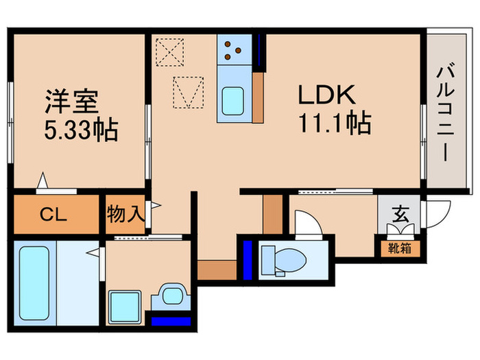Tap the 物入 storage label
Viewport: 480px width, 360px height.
pyautogui.click(x=125, y=215)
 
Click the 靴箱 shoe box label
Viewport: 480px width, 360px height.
pyautogui.click(x=398, y=248)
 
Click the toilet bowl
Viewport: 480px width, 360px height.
pyautogui.click(x=283, y=259)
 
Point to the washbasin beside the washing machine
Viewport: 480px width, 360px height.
pyautogui.click(x=169, y=297)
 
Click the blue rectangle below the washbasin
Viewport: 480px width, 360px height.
pyautogui.click(x=171, y=320)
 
